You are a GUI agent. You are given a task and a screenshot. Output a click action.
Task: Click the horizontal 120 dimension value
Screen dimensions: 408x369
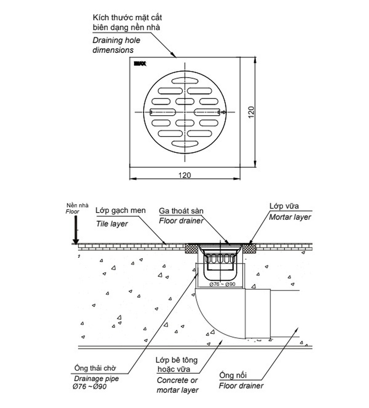point(185,175)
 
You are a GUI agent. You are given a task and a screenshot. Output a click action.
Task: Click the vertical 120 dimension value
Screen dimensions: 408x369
point(250,113)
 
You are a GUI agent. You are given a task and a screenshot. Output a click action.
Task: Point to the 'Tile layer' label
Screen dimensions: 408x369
point(112,224)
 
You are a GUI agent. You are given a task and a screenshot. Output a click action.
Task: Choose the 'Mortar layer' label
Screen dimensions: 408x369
point(290,217)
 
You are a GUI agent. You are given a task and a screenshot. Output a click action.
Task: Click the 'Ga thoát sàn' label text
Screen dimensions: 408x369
point(181,210)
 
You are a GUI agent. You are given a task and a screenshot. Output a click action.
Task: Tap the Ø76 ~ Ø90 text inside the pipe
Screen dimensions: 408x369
point(222,284)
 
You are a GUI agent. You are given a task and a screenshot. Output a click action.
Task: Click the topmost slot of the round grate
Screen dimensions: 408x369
point(185,80)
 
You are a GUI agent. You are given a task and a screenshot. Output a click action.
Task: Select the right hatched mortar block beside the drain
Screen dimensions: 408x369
point(249,249)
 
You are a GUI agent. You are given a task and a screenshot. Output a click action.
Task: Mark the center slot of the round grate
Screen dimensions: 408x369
point(185,112)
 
